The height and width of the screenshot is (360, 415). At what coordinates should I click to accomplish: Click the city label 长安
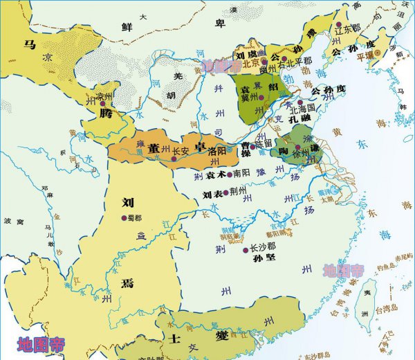pyautogui.click(x=181, y=150)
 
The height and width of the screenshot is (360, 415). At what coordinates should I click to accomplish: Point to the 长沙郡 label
pyautogui.click(x=262, y=246)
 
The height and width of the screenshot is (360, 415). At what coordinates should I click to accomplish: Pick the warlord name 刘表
pyautogui.click(x=212, y=195)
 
